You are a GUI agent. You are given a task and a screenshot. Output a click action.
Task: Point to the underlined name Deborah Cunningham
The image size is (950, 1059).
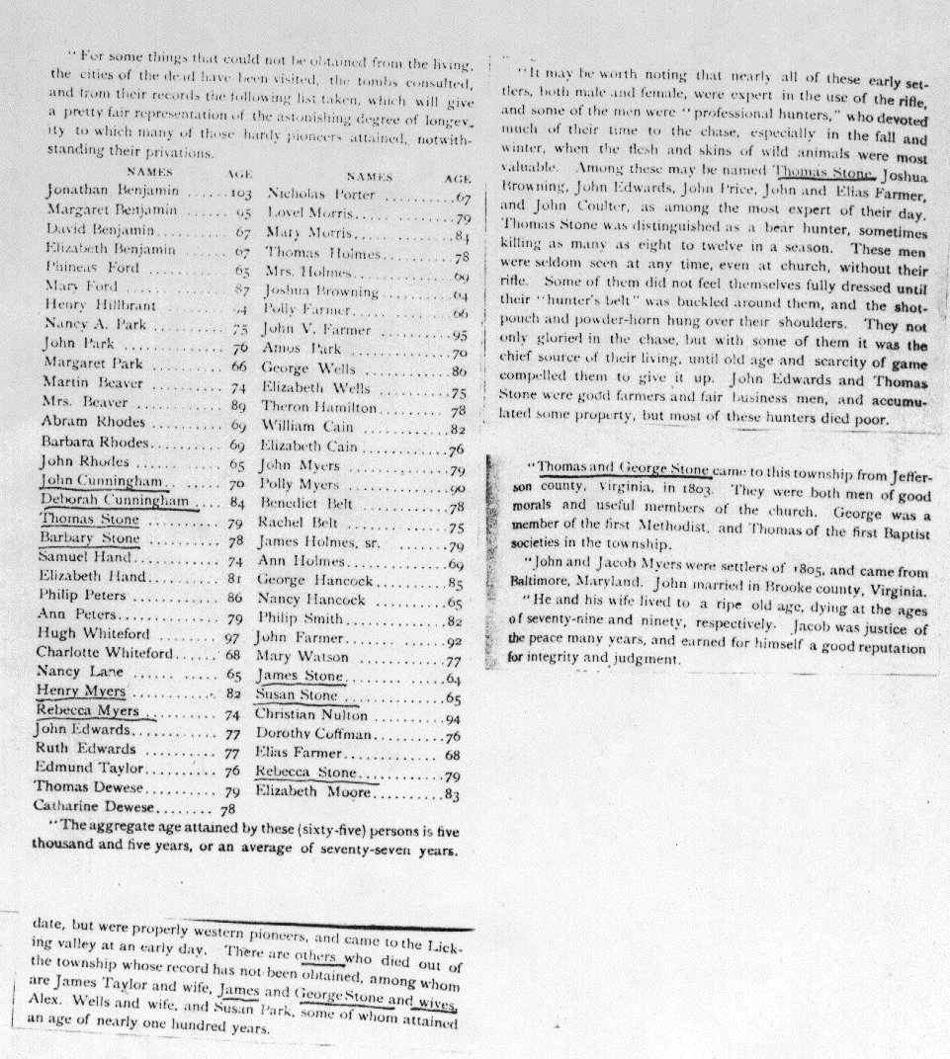115,501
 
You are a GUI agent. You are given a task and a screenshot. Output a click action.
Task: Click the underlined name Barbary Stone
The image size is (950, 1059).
90,538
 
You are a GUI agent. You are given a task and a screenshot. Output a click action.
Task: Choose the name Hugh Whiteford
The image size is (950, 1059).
95,633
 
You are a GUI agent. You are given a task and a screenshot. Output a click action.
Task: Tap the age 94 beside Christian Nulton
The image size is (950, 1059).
454,718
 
